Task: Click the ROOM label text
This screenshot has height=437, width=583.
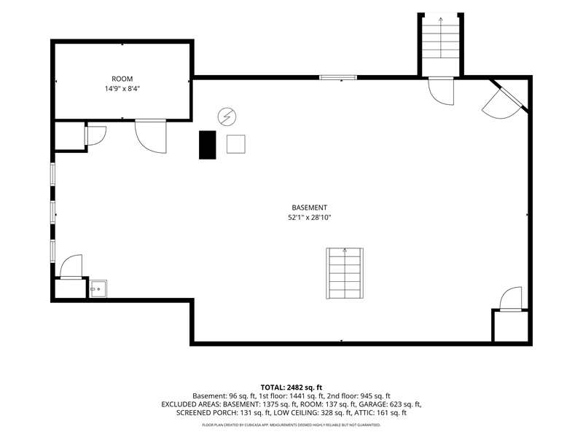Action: pos(122,79)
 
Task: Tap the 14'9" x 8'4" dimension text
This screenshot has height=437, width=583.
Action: pos(122,89)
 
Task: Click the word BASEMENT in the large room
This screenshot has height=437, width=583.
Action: pos(309,208)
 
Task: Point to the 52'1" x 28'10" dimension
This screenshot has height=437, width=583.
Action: pos(309,218)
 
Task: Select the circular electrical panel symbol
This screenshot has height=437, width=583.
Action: pos(227,117)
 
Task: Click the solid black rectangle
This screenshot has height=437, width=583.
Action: pos(208,145)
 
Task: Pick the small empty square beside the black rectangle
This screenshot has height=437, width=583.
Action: pos(236,144)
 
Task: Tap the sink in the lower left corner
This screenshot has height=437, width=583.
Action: pos(98,288)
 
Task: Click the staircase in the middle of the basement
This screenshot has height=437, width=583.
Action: pos(345,274)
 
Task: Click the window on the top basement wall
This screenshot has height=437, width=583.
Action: pos(338,78)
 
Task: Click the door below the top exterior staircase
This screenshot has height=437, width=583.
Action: pos(441,91)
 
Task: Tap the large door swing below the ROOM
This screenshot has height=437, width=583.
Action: pos(151,136)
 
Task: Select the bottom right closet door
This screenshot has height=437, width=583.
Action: pos(511,299)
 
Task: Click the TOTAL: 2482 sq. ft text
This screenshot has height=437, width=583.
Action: pos(291,387)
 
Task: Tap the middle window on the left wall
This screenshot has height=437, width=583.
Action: pos(52,213)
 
